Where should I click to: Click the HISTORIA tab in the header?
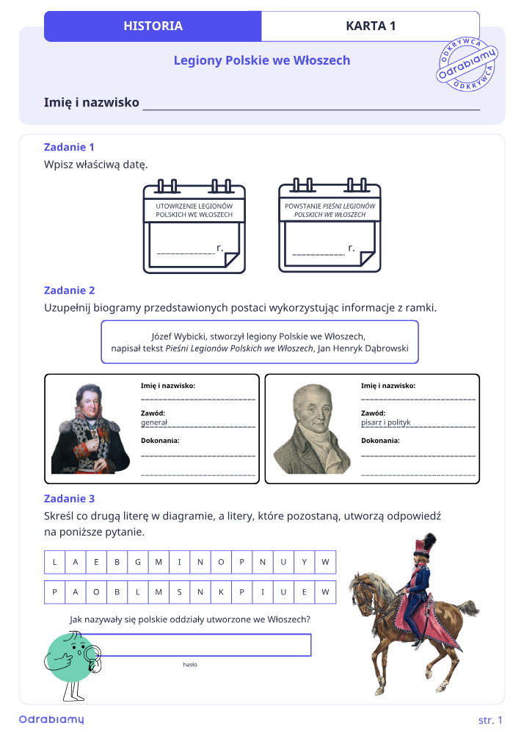153,26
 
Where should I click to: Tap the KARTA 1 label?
371,26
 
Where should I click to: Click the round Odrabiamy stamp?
467,64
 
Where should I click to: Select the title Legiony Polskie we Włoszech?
262,60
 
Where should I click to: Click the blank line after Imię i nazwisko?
311,109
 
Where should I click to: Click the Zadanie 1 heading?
69,147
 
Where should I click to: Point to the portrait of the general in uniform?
90,429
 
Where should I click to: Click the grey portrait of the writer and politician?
312,429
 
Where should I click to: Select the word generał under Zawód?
154,422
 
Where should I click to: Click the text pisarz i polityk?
386,422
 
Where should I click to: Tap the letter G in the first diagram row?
138,562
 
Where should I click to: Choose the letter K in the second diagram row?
221,592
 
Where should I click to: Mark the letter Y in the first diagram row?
304,562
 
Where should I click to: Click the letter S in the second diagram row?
179,592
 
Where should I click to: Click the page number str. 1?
490,720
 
